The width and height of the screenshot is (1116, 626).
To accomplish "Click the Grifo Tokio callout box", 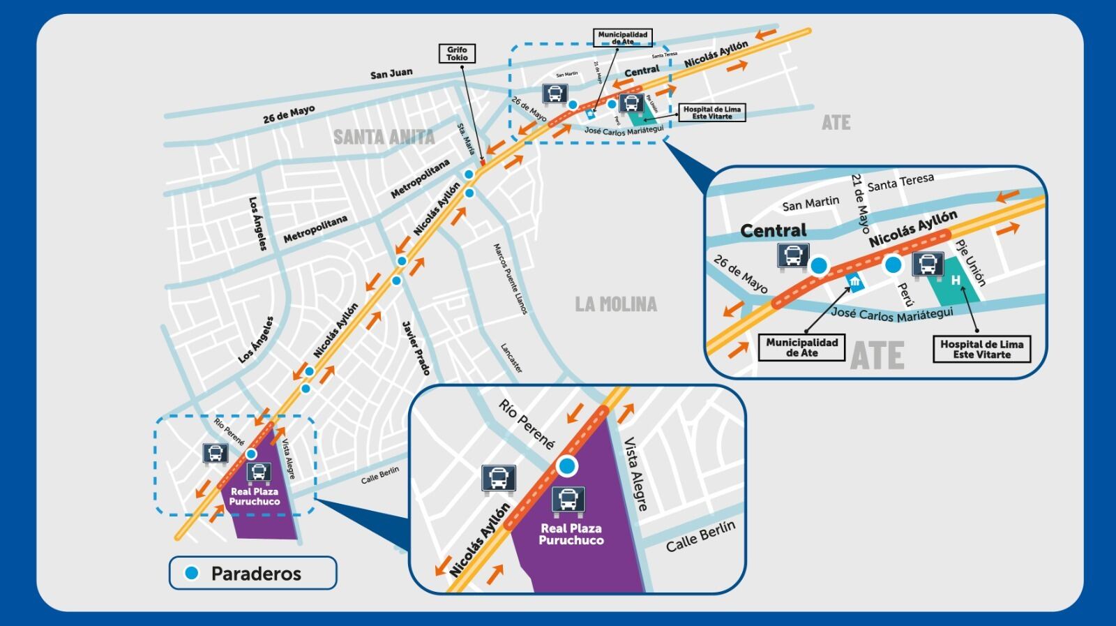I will pos(457,54).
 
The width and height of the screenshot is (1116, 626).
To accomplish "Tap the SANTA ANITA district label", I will pos(384,137).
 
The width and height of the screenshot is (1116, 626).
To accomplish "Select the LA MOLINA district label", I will pos(616,304).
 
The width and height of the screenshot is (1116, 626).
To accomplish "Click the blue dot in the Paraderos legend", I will pos(192,573).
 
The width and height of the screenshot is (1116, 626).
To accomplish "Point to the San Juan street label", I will pos(391,73).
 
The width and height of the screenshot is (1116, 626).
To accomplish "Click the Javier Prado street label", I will pos(416,348).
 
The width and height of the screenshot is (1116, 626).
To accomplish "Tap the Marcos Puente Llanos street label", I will pos(511,278).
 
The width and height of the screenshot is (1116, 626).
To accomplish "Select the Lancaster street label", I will pos(511,357).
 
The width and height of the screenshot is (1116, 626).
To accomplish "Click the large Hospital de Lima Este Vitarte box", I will pos(981,349).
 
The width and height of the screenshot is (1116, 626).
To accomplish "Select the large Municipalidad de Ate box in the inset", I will pos(801,348).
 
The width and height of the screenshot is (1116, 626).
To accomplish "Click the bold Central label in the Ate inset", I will pos(773,231).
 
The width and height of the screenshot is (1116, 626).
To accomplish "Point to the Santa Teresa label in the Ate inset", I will pos(900,182).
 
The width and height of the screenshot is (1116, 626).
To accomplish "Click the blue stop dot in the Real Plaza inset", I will pos(567,466).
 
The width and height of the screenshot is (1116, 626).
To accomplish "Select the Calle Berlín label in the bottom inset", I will pos(700,536).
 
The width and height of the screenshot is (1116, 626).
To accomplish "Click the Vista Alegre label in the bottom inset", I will pos(635,475).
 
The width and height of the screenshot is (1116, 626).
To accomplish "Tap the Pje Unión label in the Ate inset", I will pos(970,263).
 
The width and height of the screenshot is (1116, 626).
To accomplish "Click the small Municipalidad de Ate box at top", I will pos(623,38).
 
